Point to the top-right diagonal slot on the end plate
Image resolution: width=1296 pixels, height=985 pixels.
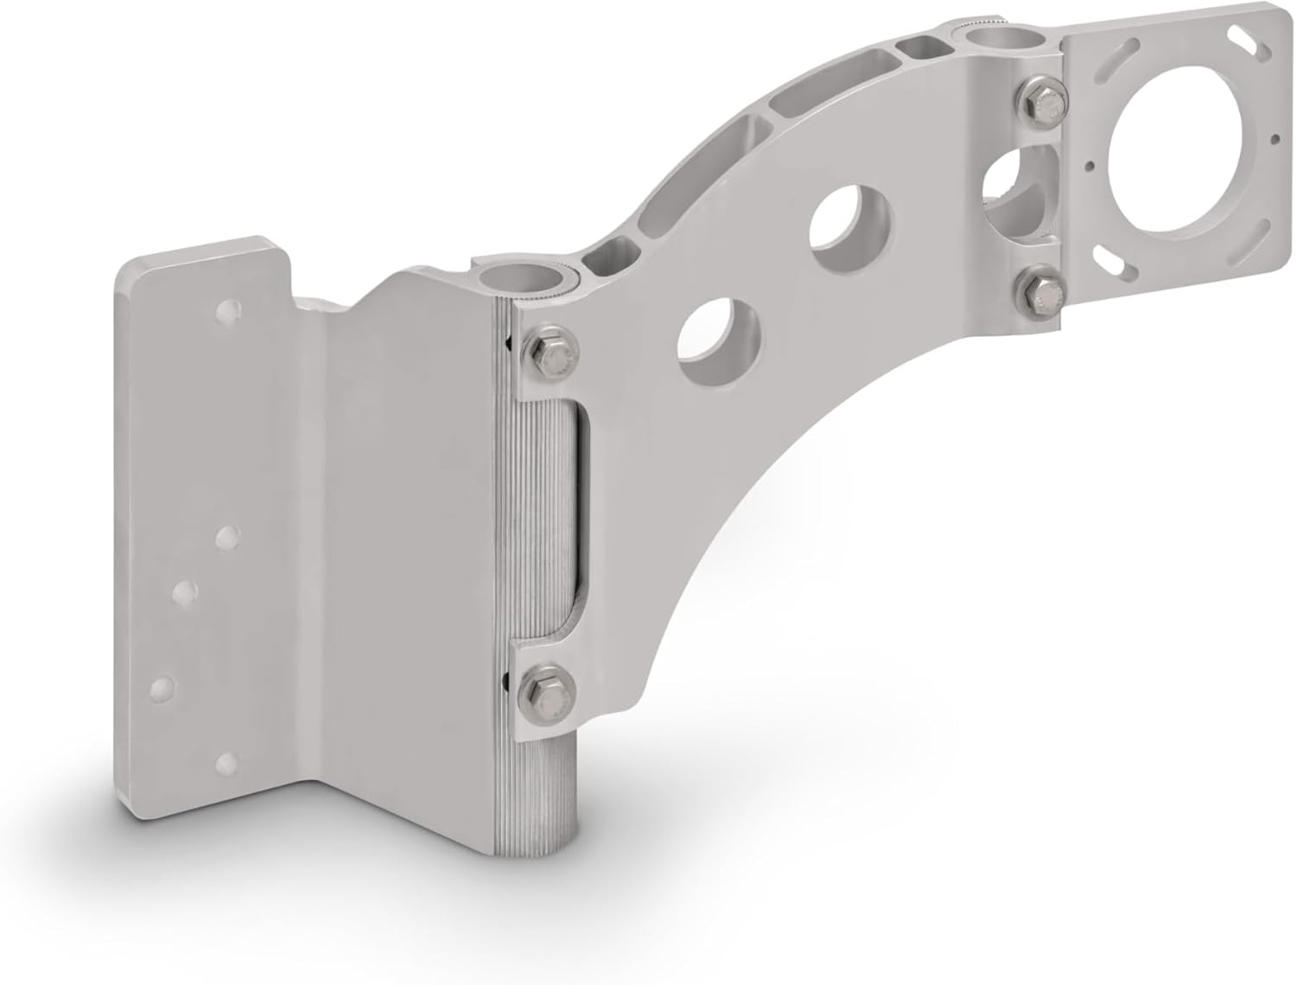(x=1242, y=41)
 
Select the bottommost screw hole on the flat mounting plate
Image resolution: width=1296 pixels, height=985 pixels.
(x=227, y=761)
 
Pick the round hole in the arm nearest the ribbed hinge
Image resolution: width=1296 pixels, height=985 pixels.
(x=720, y=346)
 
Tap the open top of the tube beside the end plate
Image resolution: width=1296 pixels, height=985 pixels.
(x=990, y=39)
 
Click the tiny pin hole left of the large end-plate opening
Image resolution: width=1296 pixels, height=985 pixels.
(x=1093, y=162)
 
